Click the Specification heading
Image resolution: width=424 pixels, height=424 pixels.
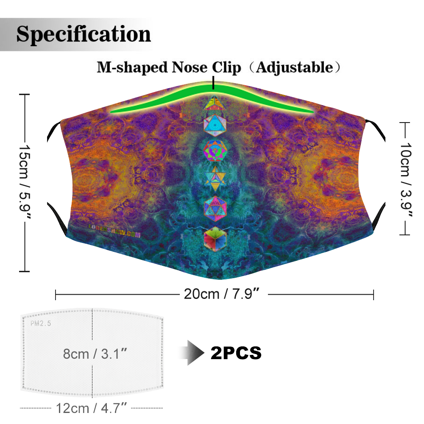84,34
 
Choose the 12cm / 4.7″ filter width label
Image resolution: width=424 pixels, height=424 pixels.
92,408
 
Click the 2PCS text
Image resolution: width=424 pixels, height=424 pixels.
236,353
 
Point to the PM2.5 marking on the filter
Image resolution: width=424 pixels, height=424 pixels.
41,323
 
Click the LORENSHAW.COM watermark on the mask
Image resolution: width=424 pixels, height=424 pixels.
114,232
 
